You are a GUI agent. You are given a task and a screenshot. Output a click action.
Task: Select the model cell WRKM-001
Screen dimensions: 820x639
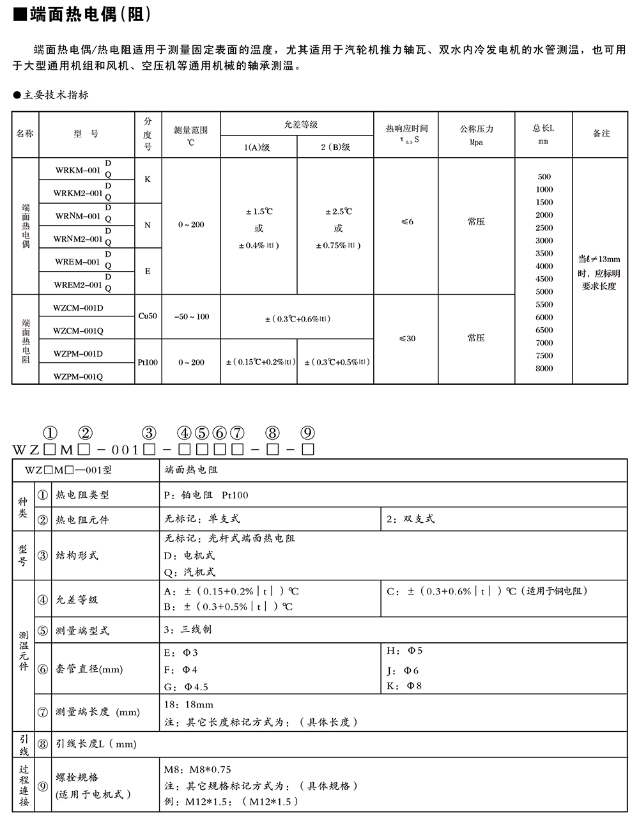pyautogui.click(x=78, y=170)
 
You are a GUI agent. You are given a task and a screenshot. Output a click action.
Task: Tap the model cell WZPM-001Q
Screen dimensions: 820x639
pyautogui.click(x=78, y=376)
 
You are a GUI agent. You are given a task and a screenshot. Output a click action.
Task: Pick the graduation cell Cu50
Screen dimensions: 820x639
pyautogui.click(x=148, y=316)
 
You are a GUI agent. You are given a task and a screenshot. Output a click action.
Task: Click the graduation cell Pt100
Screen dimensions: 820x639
pyautogui.click(x=148, y=362)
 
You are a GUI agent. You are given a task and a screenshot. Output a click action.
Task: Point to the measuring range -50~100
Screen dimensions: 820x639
pyautogui.click(x=191, y=317)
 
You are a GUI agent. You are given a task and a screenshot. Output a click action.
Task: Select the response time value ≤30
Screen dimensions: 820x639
pyautogui.click(x=407, y=338)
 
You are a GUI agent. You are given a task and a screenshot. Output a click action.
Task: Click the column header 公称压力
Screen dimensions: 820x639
pyautogui.click(x=477, y=129)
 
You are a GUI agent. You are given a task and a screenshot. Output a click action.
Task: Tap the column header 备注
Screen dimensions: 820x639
pyautogui.click(x=601, y=134)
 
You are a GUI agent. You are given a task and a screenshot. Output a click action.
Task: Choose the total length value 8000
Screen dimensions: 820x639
pyautogui.click(x=544, y=368)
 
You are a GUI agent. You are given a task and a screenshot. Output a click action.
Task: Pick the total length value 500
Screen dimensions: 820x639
pyautogui.click(x=544, y=176)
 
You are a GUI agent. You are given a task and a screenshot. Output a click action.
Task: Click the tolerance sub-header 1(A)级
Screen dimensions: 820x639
pyautogui.click(x=258, y=148)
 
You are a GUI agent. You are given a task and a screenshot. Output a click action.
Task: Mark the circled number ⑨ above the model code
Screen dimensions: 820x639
pyautogui.click(x=307, y=433)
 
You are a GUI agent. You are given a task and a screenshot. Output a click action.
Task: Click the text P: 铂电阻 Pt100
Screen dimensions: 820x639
pyautogui.click(x=206, y=495)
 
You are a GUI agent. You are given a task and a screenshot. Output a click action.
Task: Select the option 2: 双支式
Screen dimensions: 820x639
pyautogui.click(x=410, y=519)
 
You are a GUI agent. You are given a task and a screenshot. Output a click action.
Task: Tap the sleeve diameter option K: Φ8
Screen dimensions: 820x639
pyautogui.click(x=404, y=686)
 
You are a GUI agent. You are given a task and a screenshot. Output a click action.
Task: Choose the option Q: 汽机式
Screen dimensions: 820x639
pyautogui.click(x=190, y=573)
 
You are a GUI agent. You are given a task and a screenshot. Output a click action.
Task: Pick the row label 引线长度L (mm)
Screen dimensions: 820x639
pyautogui.click(x=96, y=744)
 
